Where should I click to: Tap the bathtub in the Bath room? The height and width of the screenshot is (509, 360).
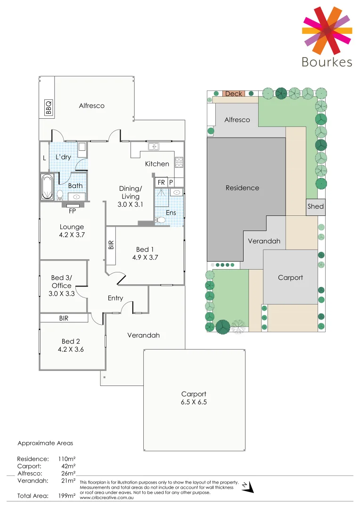point(48,187)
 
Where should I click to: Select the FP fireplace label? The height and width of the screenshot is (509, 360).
point(72,211)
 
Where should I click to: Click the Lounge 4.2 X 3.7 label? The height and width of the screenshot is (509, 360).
point(72,230)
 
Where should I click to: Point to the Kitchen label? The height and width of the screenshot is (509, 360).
point(157,164)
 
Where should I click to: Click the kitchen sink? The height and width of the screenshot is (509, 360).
point(155,147)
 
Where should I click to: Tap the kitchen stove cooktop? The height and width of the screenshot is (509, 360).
point(179,162)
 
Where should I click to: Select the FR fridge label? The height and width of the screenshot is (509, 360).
point(161,182)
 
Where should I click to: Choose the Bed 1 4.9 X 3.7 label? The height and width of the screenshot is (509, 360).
point(145,253)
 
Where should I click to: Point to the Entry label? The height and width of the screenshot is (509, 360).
point(115,298)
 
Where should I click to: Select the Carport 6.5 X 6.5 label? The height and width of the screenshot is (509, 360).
point(194,398)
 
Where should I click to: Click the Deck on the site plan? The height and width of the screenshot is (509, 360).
point(233,94)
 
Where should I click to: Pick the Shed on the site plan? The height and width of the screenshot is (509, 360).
point(316,206)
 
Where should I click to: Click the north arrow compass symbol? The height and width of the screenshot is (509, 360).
point(248,487)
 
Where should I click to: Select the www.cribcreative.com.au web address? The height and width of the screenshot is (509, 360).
point(105,497)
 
